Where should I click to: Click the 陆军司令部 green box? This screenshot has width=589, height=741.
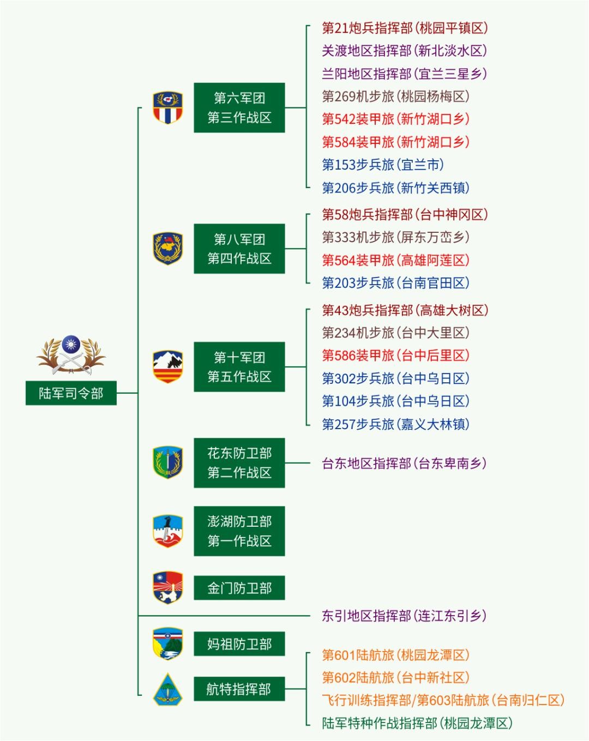coord(71,393)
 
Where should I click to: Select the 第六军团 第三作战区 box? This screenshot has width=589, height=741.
coord(239,107)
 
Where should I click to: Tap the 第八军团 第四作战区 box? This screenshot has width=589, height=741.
coord(239,249)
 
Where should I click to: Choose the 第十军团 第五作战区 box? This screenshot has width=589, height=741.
coord(239,367)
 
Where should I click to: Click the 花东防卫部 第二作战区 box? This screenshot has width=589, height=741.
coord(239,463)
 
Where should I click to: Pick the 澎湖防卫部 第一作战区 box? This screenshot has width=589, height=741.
coord(239,531)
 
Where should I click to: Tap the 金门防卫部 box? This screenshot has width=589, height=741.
coord(239,588)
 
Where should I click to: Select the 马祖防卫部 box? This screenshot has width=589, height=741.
coord(239,643)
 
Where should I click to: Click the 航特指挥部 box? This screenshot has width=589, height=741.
coord(239,689)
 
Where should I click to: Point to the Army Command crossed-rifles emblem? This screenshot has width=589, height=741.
coord(71,354)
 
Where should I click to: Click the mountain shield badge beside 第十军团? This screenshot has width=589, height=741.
coord(168,367)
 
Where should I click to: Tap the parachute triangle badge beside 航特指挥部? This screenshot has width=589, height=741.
coord(168,689)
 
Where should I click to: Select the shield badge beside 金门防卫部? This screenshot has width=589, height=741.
coord(168,588)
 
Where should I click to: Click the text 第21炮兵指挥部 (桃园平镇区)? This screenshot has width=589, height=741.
coord(405,28)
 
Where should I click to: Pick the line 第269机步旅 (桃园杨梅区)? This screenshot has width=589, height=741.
coord(396,96)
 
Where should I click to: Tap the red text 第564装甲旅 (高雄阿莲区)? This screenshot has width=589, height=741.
coord(396,260)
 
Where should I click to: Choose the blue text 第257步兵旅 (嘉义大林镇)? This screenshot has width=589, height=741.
coord(396,424)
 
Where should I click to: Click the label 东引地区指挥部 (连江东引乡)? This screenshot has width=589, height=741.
coord(404,616)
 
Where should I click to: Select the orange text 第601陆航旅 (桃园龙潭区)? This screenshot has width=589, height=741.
coord(396,654)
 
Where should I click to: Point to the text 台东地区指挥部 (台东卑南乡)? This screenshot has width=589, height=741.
coord(404,463)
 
